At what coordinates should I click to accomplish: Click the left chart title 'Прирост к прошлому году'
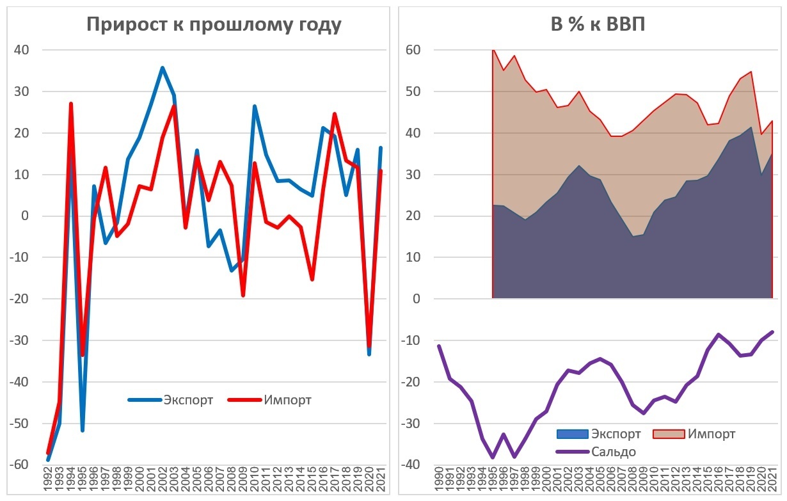tap(214, 24)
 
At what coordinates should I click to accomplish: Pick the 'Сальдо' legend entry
tap(613, 452)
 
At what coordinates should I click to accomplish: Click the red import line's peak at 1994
tap(71, 104)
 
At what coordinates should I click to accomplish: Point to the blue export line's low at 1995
tap(83, 430)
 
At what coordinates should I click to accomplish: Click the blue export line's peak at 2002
tap(163, 68)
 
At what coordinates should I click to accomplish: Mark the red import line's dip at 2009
tap(243, 296)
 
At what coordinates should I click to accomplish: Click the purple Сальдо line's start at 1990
tap(439, 346)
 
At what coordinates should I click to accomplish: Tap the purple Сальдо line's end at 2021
tap(772, 332)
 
